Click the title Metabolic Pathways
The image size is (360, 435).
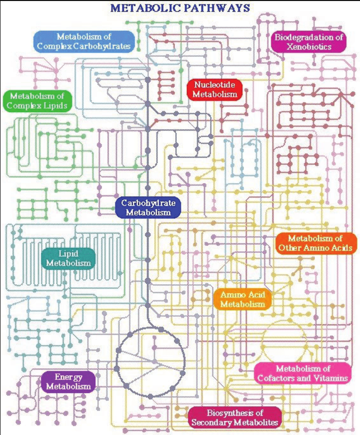pyautogui.click(x=180, y=8)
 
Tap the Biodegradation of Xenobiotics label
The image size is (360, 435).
pyautogui.click(x=309, y=41)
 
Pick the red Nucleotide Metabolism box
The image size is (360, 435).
pyautogui.click(x=215, y=89)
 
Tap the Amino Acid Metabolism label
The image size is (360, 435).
pyautogui.click(x=243, y=299)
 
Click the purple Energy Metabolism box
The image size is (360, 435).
pyautogui.click(x=68, y=382)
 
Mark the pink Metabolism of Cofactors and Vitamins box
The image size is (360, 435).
pyautogui.click(x=303, y=373)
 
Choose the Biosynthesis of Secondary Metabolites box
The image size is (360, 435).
pyautogui.click(x=234, y=417)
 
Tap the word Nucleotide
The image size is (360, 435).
pyautogui.click(x=215, y=84)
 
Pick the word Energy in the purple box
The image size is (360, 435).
pyautogui.click(x=68, y=377)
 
